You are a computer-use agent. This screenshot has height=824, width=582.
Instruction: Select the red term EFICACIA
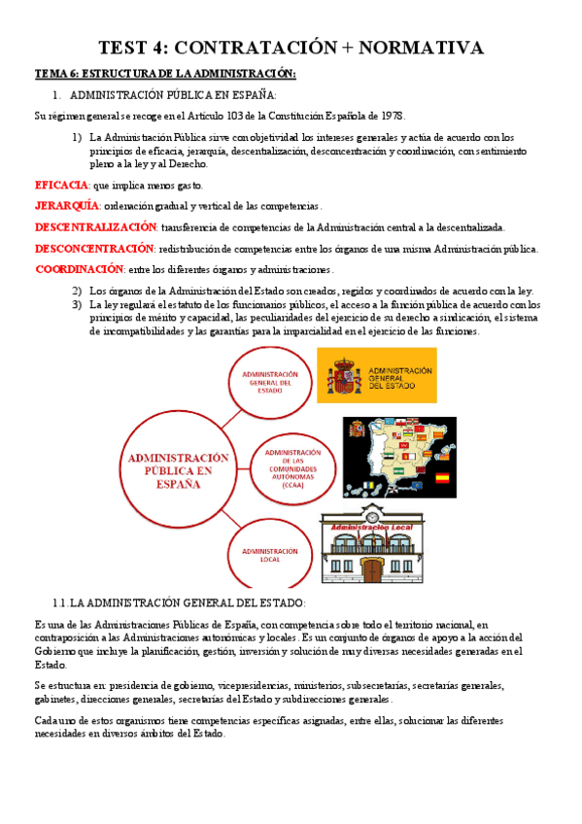tap(61, 185)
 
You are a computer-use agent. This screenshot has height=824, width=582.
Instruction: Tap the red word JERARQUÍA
tap(67, 206)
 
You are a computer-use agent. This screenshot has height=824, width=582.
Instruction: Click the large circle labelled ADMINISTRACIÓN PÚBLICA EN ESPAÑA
tap(178, 470)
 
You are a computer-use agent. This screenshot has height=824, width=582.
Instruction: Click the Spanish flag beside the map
tap(441, 478)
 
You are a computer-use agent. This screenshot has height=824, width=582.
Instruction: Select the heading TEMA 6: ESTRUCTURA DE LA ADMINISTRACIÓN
tap(165, 74)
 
